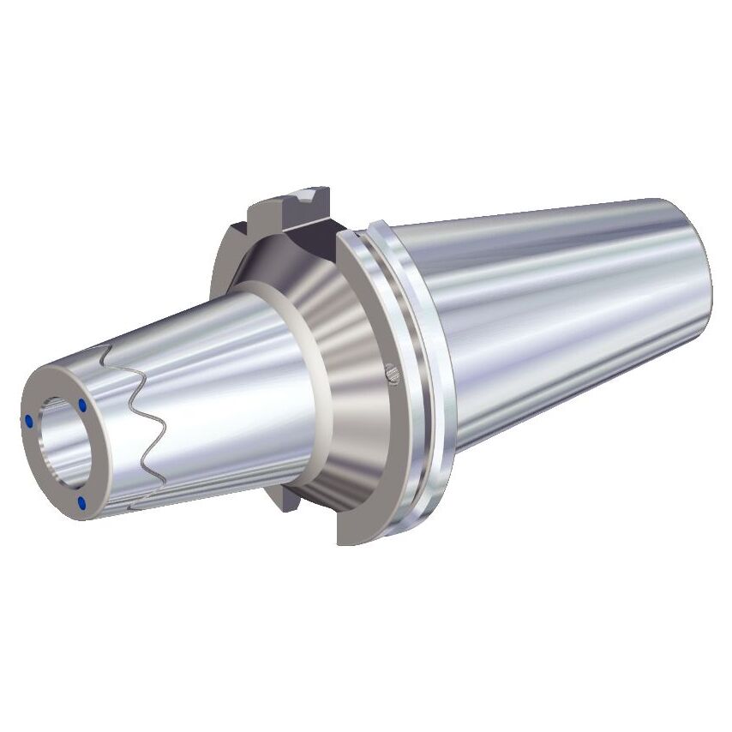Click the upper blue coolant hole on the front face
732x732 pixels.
82,404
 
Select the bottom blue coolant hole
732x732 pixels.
81,503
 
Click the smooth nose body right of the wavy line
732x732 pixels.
223,403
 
